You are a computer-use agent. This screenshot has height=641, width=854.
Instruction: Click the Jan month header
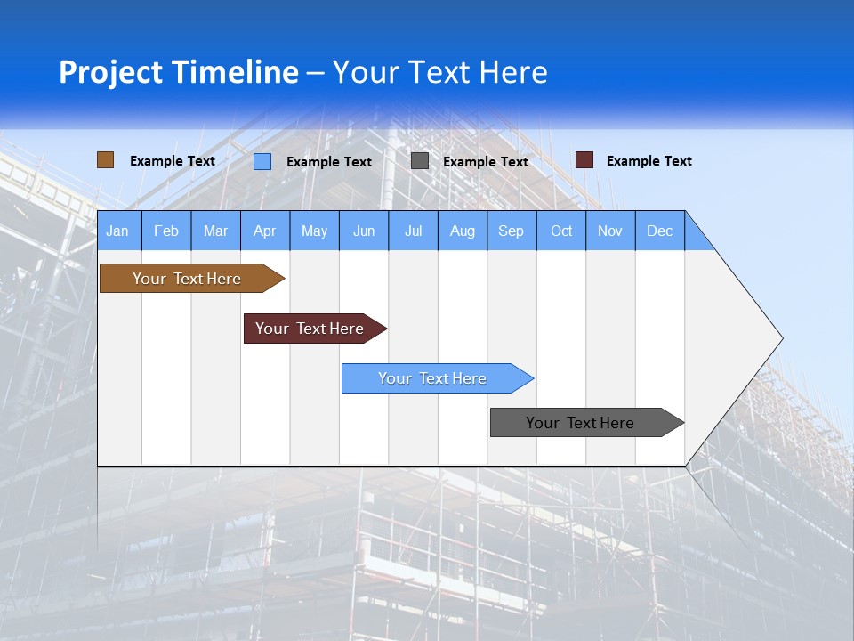118,231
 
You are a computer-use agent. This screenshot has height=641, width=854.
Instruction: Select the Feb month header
166,231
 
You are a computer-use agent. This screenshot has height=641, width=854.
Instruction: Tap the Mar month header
215,231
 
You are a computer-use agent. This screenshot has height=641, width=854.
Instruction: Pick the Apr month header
265,231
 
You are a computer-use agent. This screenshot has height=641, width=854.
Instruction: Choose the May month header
314,231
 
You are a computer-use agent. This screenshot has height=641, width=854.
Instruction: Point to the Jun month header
364,231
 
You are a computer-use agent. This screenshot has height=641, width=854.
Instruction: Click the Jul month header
413,231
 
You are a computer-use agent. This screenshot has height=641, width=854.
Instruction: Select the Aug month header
463,231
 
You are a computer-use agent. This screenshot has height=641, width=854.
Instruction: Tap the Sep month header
512,231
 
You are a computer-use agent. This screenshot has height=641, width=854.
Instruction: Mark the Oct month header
561,231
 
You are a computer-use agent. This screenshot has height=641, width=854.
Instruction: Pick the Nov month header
610,231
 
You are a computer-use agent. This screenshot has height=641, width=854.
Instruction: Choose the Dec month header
660,231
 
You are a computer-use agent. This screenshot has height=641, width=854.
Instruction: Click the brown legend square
105,160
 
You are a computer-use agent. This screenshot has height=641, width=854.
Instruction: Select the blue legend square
262,161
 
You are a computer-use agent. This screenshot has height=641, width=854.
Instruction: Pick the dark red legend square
584,160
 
